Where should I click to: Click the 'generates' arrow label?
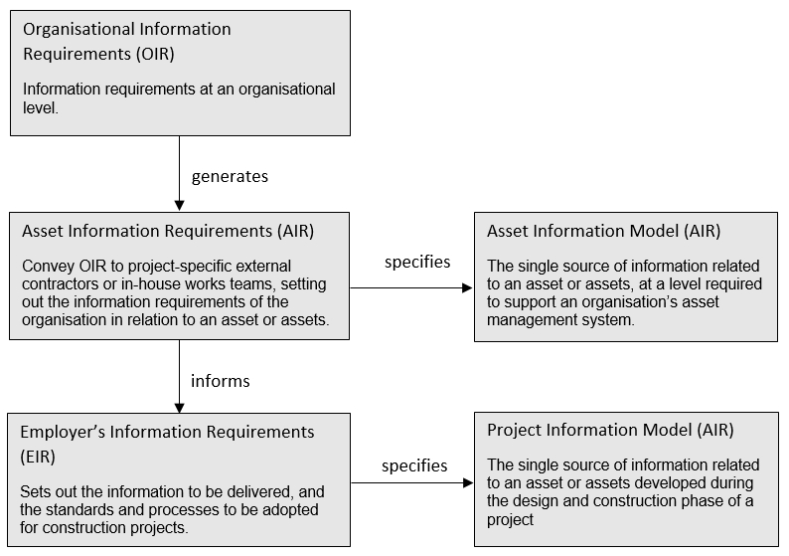[x=230, y=177]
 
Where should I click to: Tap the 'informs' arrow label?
[x=220, y=381]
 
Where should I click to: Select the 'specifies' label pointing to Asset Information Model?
[x=417, y=263]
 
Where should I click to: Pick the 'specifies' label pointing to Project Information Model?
[x=414, y=466]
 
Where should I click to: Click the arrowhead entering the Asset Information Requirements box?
[x=179, y=206]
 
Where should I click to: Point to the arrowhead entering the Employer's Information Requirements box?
[x=179, y=408]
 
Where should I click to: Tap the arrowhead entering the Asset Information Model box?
[x=467, y=288]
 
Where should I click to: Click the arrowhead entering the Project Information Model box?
[x=468, y=483]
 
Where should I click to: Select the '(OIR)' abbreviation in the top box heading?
[x=155, y=54]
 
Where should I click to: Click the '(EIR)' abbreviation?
[x=38, y=457]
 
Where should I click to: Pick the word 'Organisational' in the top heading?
[x=79, y=29]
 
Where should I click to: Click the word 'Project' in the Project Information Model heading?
[x=515, y=430]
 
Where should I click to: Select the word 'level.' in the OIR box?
[x=41, y=107]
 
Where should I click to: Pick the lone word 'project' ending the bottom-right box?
[x=510, y=520]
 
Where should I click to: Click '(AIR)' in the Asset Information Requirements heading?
[x=295, y=231]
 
